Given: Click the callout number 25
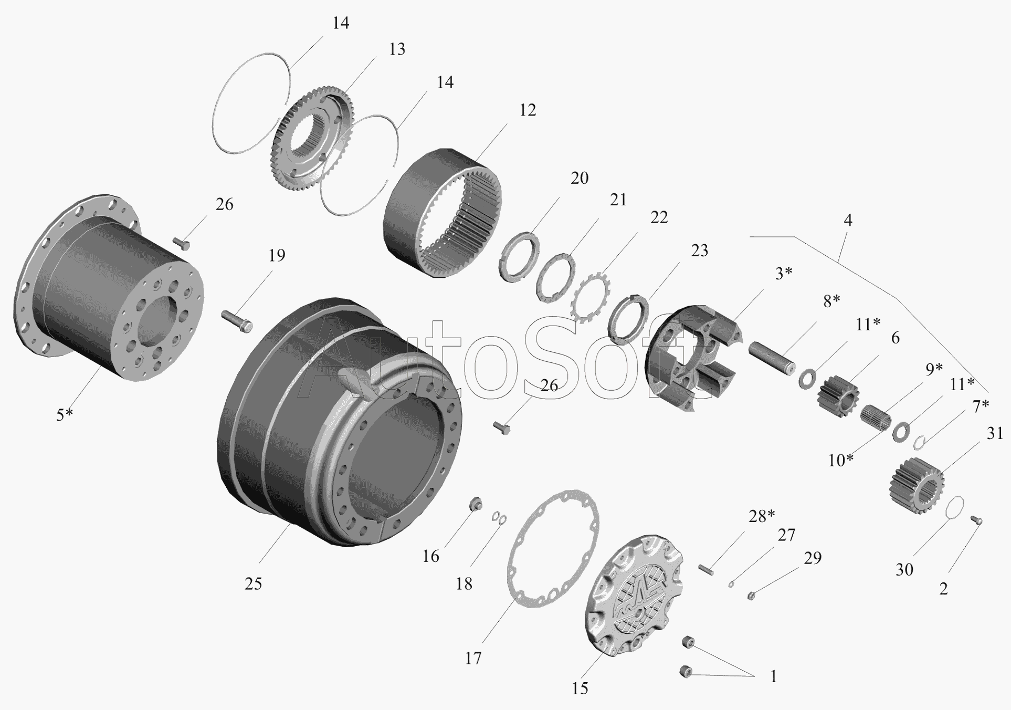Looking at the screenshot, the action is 253,583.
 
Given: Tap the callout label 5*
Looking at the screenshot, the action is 65,415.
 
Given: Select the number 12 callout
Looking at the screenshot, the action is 528,110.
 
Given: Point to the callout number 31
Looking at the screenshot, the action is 995,433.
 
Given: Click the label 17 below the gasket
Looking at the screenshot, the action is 473,658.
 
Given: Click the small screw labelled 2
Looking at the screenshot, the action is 976,520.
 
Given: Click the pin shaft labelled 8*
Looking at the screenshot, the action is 772,359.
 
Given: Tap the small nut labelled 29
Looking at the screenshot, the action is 751,596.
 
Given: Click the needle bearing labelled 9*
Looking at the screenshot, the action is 876,417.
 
